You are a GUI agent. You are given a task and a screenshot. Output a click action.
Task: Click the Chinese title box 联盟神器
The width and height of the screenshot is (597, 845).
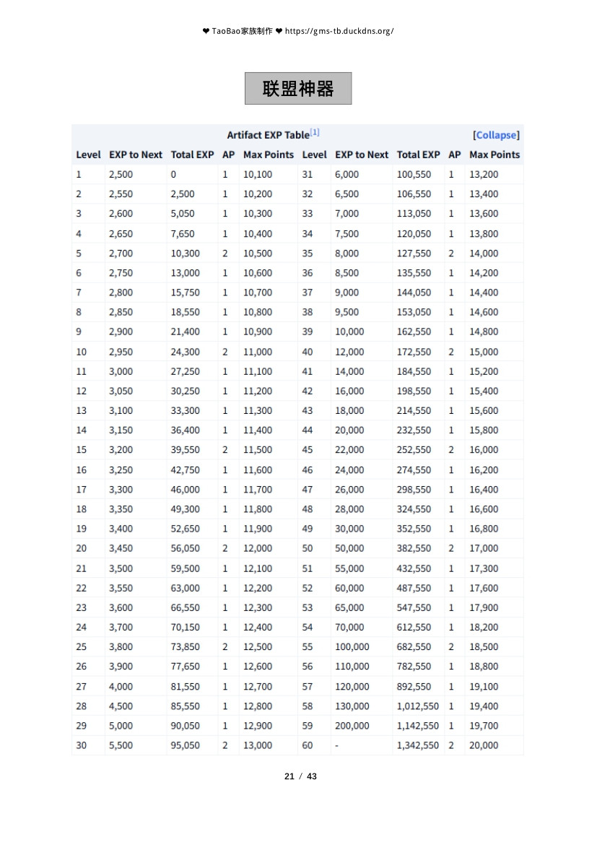(298, 89)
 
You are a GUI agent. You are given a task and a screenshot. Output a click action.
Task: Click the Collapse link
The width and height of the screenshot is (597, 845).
(497, 135)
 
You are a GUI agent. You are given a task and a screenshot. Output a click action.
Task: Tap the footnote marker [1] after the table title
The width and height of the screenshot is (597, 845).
(315, 133)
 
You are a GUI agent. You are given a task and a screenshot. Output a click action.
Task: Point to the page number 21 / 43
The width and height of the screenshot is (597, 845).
(301, 776)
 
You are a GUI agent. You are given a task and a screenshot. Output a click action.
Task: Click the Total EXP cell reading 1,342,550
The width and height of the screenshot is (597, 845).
(417, 745)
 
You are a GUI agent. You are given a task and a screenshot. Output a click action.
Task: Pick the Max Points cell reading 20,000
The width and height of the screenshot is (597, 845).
(484, 745)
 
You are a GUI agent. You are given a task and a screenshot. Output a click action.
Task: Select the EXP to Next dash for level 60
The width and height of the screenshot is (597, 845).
(337, 745)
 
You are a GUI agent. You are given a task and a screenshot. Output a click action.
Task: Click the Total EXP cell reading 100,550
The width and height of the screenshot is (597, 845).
(414, 174)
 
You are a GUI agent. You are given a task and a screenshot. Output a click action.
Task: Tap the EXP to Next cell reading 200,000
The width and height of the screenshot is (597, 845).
(352, 726)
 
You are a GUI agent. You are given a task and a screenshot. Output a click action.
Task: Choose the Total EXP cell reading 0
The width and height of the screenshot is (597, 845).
(174, 174)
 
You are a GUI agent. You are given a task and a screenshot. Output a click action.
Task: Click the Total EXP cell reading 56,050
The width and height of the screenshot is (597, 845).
(186, 548)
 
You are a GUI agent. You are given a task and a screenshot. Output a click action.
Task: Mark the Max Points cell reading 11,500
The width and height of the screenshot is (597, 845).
(258, 450)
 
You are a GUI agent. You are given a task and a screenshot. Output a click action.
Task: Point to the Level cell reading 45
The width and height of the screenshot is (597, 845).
(308, 450)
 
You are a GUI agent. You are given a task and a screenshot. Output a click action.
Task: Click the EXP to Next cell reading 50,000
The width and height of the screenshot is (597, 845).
(349, 548)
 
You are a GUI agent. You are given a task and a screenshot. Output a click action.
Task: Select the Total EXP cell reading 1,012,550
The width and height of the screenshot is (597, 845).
(417, 706)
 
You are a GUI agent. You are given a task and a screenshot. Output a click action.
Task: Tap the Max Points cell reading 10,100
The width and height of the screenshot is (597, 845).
(258, 174)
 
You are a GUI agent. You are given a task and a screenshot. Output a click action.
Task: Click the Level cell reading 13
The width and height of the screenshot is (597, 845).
(81, 410)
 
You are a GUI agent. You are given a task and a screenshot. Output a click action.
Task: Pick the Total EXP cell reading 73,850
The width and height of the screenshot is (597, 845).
(186, 647)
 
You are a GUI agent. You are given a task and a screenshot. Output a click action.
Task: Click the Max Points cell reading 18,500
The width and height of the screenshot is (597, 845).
(484, 647)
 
